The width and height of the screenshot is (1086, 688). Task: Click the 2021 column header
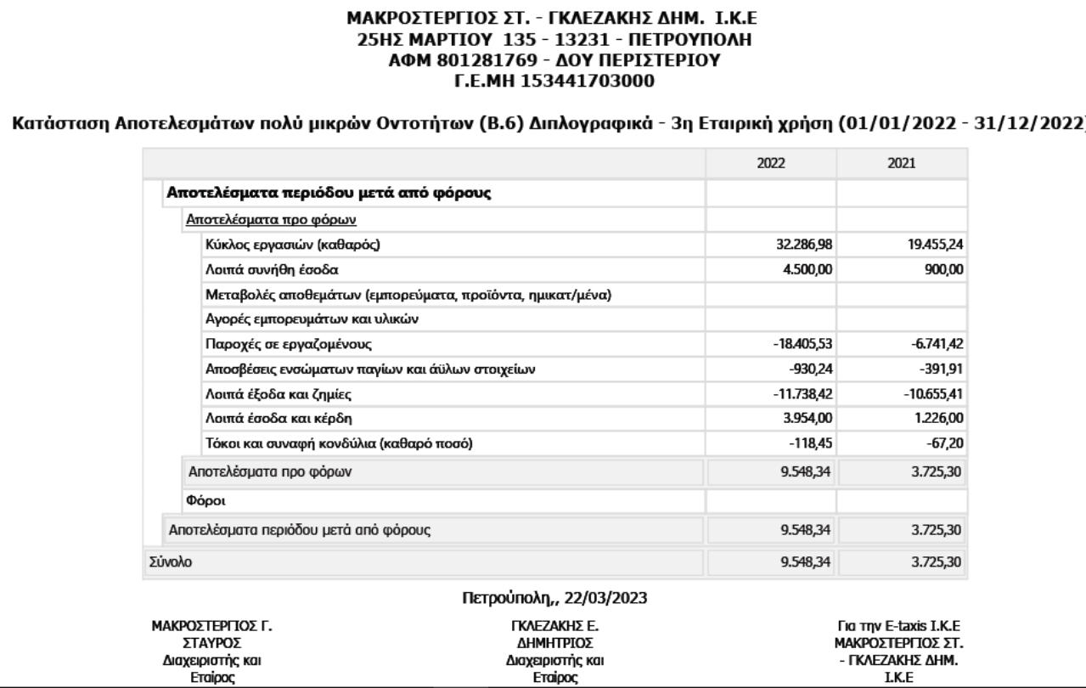tap(902, 161)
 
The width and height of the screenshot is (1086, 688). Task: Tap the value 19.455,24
tap(935, 245)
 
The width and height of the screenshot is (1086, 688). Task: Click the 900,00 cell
tap(944, 270)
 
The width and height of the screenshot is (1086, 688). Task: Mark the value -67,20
tap(946, 443)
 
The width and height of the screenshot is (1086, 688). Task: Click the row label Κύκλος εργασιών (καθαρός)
tap(290, 245)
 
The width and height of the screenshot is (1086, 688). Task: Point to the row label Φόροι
tap(200, 501)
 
